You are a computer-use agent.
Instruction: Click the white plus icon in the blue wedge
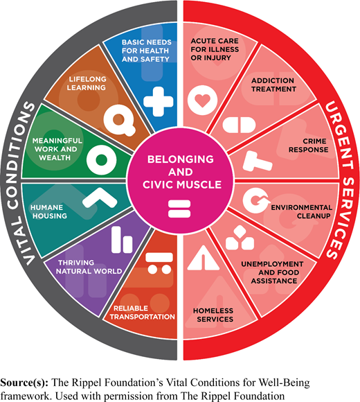(x=159, y=101)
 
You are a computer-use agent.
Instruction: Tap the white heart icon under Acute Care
(x=203, y=101)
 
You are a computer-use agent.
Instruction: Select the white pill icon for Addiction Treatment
(x=239, y=125)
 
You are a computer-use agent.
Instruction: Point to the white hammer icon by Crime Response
(x=257, y=161)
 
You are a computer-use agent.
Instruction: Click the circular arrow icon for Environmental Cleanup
(x=256, y=200)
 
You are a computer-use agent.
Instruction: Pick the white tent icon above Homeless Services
(x=204, y=258)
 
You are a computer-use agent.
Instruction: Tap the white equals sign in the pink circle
(x=179, y=209)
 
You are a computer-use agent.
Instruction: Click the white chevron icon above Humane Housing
(x=100, y=198)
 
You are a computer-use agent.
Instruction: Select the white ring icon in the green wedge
(x=102, y=159)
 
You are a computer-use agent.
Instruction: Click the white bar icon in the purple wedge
(x=122, y=240)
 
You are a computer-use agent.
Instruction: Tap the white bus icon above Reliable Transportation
(x=159, y=263)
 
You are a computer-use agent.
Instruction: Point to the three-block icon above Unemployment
(x=240, y=238)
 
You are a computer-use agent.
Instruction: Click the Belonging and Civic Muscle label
(x=181, y=172)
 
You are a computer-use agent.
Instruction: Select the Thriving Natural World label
(x=89, y=267)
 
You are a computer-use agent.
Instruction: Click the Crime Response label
(x=308, y=146)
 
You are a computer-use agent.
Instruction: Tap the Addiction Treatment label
(x=273, y=85)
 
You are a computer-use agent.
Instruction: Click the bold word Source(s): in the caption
(x=24, y=383)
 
